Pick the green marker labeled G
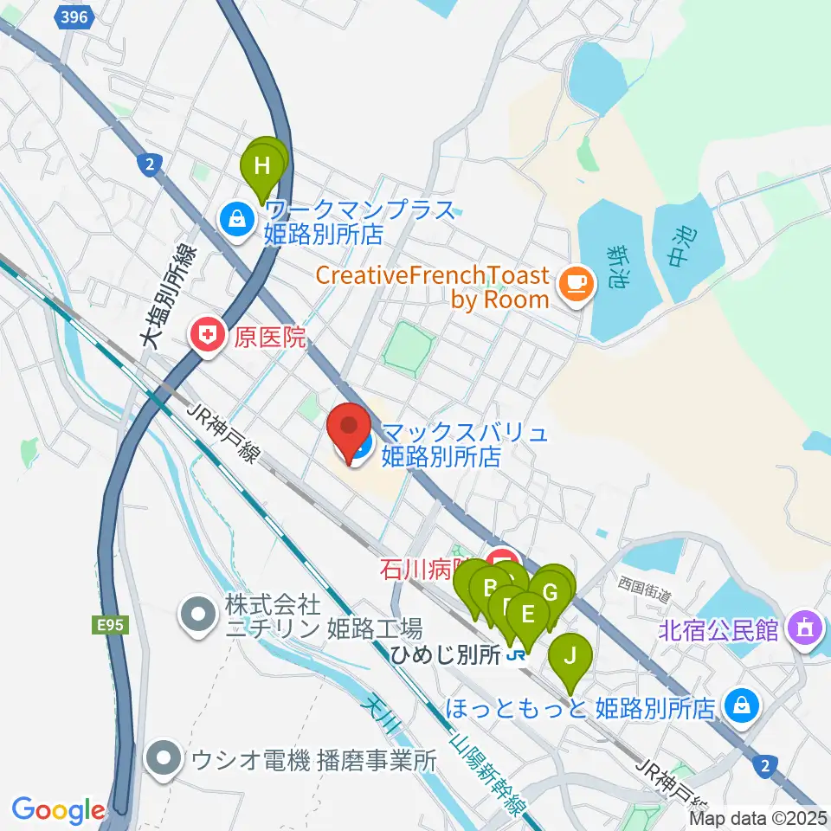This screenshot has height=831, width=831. [551, 594]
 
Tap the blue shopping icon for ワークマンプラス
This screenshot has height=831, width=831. [236, 219]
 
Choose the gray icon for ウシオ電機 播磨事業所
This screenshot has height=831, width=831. [163, 759]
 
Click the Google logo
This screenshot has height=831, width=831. [58, 810]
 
